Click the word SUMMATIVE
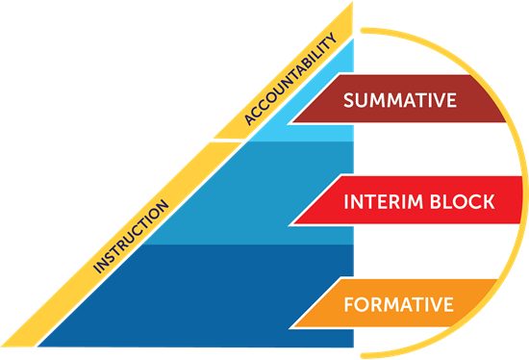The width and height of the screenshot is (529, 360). click(399, 101)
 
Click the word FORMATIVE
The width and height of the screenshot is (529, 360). click(398, 305)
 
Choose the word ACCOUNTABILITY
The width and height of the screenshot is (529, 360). click(292, 80)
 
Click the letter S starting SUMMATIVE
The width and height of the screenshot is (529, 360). click(349, 101)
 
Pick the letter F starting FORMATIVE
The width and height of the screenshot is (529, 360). click(348, 305)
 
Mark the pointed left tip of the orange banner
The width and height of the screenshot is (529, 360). click(290, 328)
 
